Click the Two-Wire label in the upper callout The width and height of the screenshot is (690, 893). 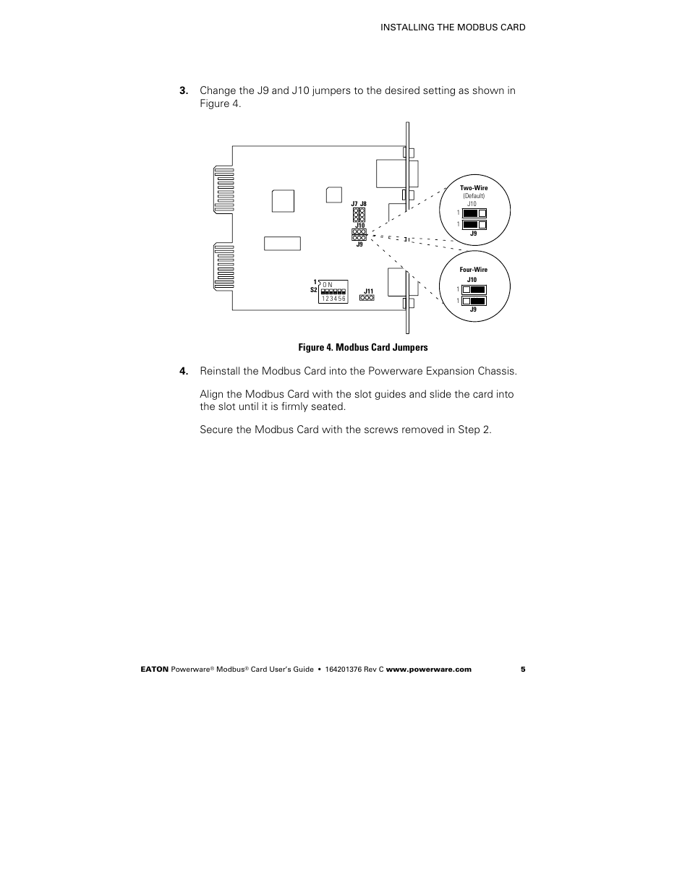(x=474, y=188)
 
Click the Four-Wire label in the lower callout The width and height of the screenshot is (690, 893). (x=474, y=270)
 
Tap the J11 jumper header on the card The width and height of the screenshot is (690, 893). (x=367, y=297)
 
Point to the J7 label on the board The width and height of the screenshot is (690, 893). (x=354, y=205)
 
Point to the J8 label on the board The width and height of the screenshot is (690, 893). (x=364, y=205)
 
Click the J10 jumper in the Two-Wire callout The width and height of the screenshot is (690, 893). (x=474, y=213)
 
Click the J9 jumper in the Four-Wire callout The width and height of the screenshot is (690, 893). (x=474, y=301)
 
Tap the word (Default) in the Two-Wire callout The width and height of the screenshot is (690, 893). (x=474, y=196)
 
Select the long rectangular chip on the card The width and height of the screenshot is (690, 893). (x=282, y=243)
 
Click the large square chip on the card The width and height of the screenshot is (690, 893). (x=283, y=201)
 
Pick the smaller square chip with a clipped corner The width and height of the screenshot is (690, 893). (x=333, y=195)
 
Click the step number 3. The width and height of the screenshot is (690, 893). (x=184, y=90)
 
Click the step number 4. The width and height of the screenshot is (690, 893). (x=184, y=371)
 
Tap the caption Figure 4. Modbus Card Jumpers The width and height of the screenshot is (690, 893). (x=363, y=348)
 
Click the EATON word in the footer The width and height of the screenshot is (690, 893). (x=153, y=670)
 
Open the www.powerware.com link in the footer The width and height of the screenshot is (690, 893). (x=428, y=670)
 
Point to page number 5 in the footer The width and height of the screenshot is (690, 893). (x=522, y=670)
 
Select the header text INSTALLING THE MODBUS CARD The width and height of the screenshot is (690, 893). (x=453, y=27)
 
